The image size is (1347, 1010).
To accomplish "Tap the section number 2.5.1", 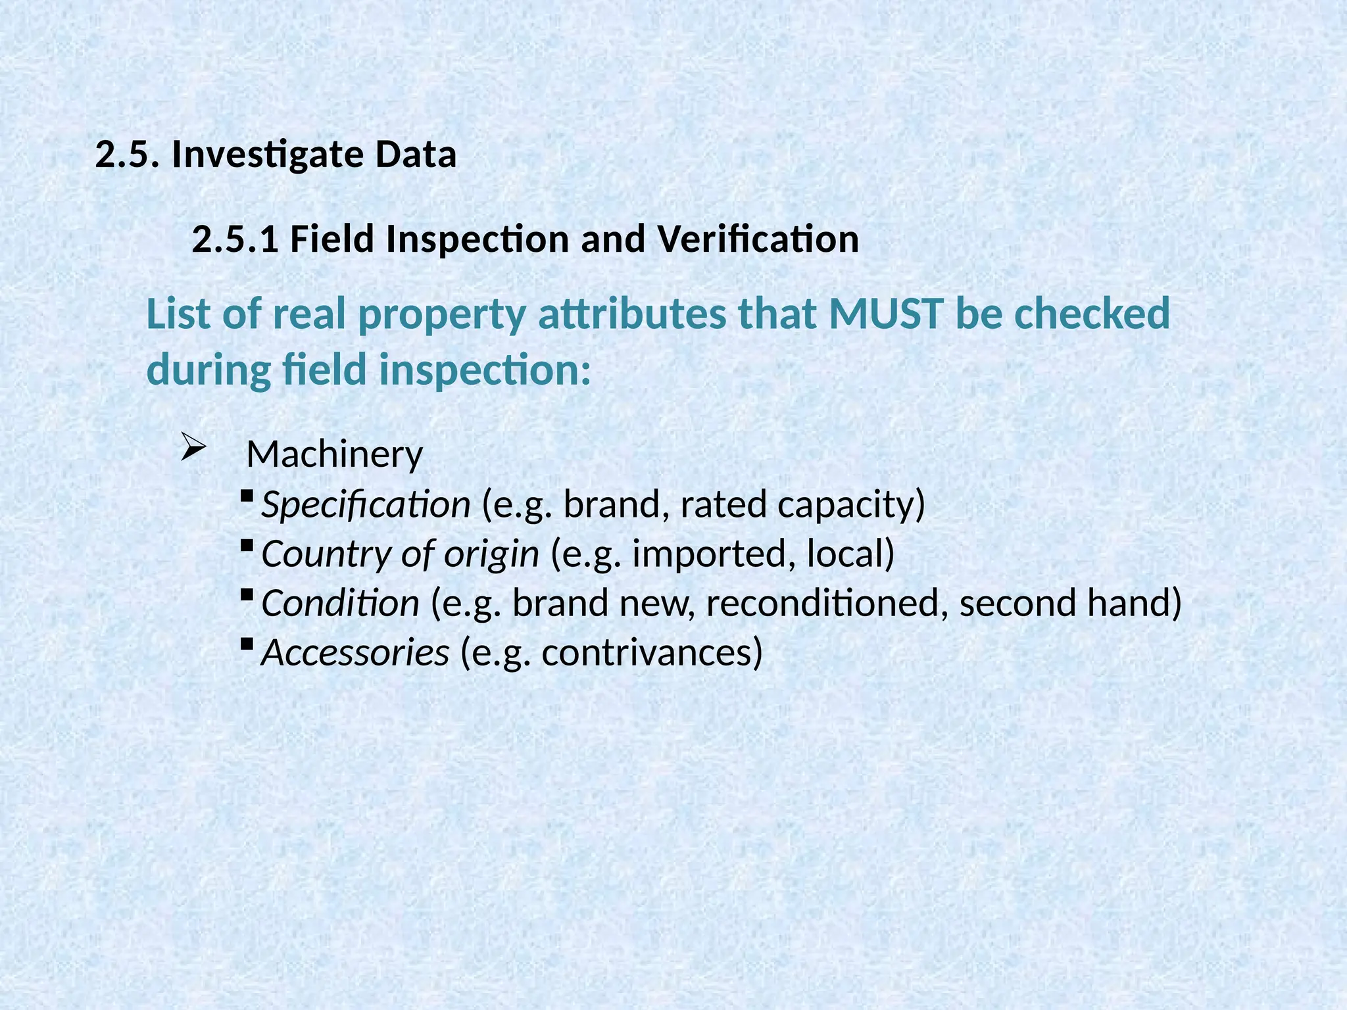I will click(x=235, y=239).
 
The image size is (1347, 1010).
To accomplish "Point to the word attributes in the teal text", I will click(x=632, y=314).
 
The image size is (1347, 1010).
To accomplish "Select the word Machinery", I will click(x=334, y=454).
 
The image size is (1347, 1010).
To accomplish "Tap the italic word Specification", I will click(x=366, y=505).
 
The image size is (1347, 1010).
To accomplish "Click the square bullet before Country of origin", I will click(x=247, y=545).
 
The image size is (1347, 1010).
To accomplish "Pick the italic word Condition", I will click(x=340, y=604).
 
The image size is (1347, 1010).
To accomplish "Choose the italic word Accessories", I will click(x=355, y=653).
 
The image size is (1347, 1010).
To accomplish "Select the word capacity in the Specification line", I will click(x=845, y=505).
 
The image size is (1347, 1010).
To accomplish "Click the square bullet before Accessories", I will click(x=247, y=644).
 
